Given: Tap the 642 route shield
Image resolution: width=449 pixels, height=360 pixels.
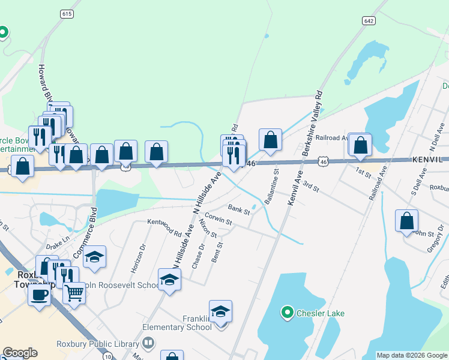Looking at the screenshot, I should pyautogui.click(x=369, y=20).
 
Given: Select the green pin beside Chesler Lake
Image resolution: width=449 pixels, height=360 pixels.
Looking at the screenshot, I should pyautogui.click(x=288, y=312).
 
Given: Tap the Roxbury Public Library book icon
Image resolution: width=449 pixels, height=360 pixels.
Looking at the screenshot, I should pyautogui.click(x=148, y=343).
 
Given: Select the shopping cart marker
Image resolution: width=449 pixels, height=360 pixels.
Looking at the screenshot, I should pyautogui.click(x=74, y=293).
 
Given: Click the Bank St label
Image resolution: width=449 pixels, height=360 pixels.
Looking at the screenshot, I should pyautogui.click(x=238, y=208).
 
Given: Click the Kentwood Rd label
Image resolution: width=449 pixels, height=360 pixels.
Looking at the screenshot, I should pyautogui.click(x=164, y=227).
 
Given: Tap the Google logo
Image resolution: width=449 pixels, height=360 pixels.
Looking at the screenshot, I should pyautogui.click(x=20, y=353).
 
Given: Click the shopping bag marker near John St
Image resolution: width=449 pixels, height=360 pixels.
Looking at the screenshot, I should pyautogui.click(x=406, y=221).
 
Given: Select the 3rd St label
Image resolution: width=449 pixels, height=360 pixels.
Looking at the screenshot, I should pyautogui.click(x=310, y=187).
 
